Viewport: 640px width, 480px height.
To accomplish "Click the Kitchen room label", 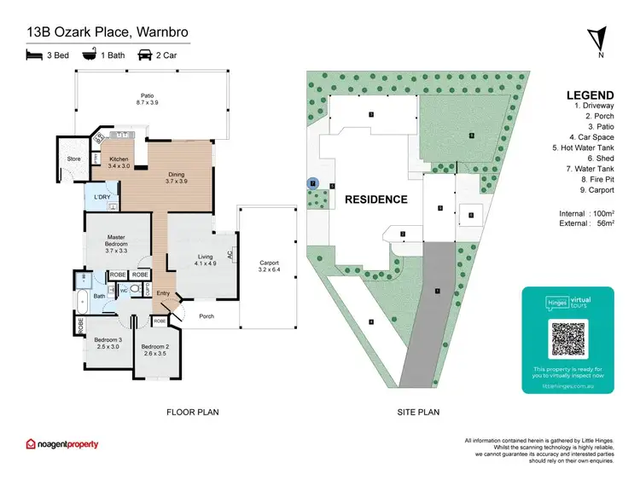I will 119,162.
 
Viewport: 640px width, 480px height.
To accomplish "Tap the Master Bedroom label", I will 116,244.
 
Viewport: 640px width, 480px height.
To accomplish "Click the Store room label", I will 73,159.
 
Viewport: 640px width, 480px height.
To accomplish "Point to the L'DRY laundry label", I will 102,198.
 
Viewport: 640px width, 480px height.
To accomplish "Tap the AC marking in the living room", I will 230,254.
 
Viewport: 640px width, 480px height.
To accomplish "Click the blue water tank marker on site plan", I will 313,183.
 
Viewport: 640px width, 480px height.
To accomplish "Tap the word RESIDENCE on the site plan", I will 375,200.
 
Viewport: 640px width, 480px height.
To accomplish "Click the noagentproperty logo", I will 62,444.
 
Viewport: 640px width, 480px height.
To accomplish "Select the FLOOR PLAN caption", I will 192,412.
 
